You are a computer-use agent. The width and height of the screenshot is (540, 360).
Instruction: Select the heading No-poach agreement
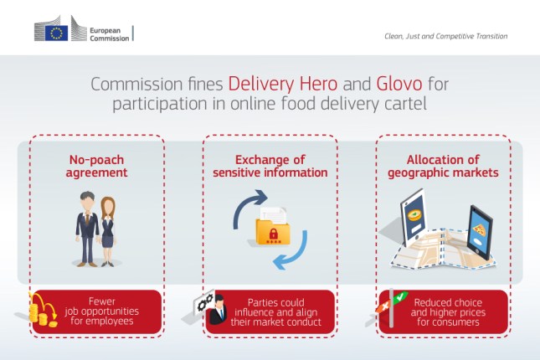tap(98, 166)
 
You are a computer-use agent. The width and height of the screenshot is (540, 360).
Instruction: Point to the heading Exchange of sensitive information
tap(270, 166)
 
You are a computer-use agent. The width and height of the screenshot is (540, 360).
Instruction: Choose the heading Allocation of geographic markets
tap(442, 166)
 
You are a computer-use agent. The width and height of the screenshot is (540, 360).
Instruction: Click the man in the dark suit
tap(88, 225)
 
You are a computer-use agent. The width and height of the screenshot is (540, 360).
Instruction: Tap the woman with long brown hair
tap(109, 229)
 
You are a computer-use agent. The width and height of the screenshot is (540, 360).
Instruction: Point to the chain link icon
tap(203, 303)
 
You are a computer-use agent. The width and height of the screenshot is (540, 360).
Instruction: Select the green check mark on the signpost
tap(401, 297)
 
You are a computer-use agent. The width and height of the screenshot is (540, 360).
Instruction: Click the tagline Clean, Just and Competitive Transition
tap(440, 36)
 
